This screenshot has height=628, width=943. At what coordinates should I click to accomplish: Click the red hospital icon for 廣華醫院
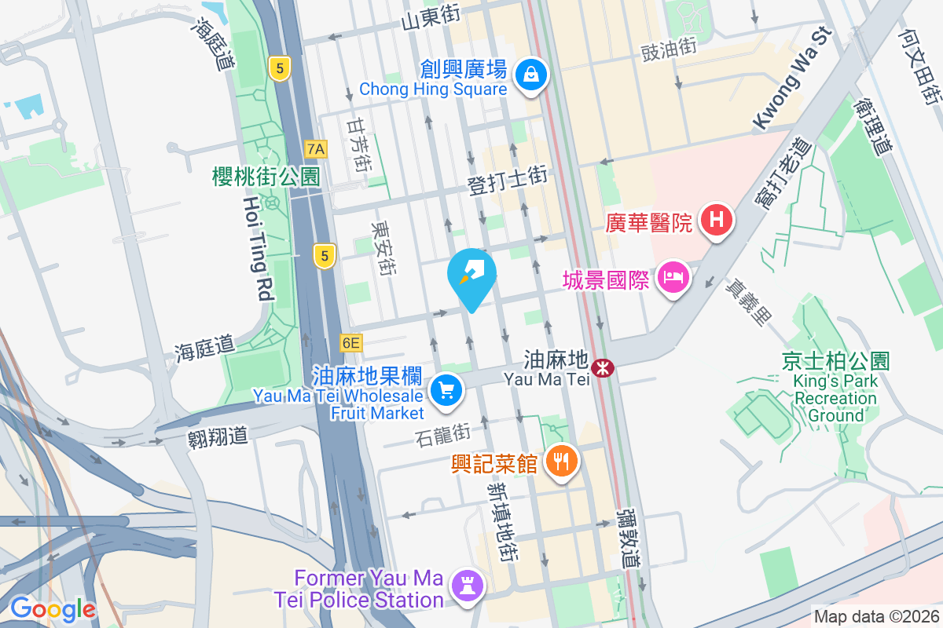[716, 219]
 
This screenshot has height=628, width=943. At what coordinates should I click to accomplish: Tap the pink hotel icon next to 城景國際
[673, 277]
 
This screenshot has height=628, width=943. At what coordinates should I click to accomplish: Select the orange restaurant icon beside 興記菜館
[560, 461]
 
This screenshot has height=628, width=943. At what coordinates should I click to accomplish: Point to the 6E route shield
[350, 343]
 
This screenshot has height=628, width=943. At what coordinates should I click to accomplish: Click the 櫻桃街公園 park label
[266, 177]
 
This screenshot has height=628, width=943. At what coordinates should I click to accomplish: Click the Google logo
[53, 608]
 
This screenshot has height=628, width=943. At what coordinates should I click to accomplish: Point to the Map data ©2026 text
[876, 617]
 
